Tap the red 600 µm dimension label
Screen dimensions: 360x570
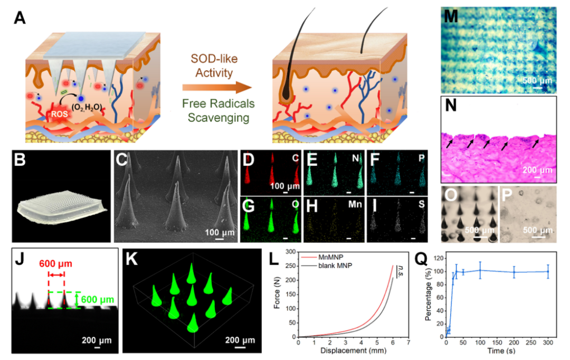(56, 263)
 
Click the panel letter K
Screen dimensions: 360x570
(132, 260)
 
